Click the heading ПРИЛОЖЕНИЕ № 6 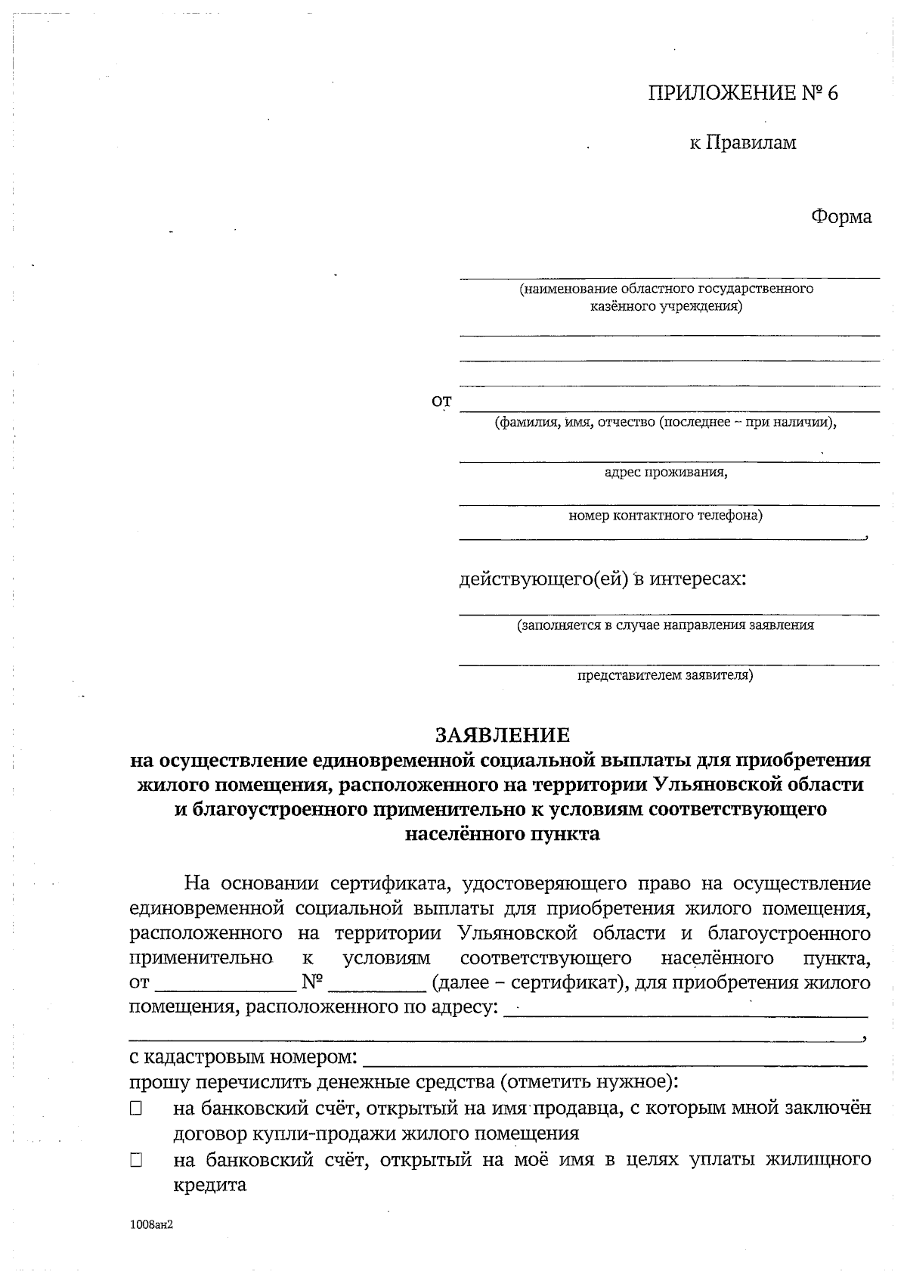pos(743,93)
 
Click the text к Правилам pos(742,142)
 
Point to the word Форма pos(841,217)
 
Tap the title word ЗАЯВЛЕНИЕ pos(502,734)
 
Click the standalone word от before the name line pos(441,402)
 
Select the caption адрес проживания pos(666,473)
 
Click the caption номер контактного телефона pos(665,516)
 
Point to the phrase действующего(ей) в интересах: pos(602,579)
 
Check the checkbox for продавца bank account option pos(136,1109)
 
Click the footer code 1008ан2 pos(152,1225)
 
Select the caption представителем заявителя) pos(665,675)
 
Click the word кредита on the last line pos(210,1185)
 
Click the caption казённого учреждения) pos(665,306)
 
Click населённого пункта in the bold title pos(502,835)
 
